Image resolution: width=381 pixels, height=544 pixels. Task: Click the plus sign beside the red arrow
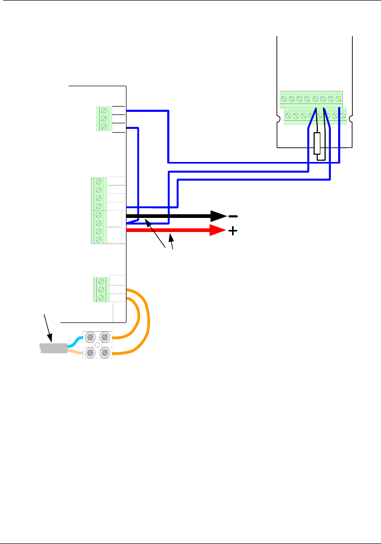click(232, 231)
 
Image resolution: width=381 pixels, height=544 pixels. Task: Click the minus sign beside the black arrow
click(233, 216)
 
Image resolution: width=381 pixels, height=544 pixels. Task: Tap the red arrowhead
click(218, 231)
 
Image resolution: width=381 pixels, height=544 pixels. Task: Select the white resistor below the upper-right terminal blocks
click(317, 143)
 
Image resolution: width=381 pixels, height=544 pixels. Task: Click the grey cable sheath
click(54, 348)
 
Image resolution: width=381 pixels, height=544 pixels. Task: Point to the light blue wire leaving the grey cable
click(74, 341)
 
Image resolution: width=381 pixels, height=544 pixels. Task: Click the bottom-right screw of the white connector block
click(105, 354)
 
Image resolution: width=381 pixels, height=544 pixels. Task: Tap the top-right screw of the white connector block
click(105, 338)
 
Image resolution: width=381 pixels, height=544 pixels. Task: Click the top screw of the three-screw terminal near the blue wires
click(104, 111)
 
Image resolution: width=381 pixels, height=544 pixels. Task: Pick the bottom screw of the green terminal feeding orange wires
click(100, 298)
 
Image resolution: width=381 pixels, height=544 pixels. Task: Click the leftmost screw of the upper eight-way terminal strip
click(284, 98)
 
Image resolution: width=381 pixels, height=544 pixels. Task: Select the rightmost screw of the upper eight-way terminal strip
click(339, 98)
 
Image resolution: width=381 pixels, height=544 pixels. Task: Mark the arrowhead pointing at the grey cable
click(52, 340)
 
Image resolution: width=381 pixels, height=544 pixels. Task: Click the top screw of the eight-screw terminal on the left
click(98, 182)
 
